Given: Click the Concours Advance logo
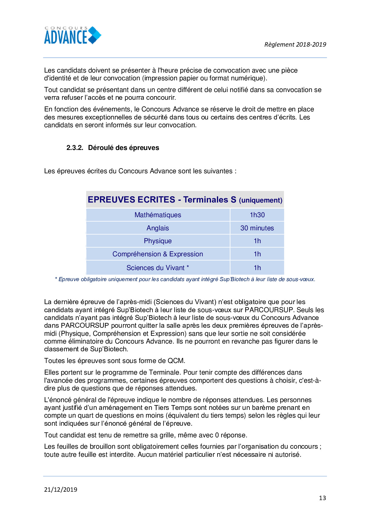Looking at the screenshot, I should pos(73,36).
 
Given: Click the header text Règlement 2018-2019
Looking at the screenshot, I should pos(295,45).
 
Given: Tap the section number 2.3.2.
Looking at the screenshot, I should pos(75,148).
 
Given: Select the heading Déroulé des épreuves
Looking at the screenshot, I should pos(124,148).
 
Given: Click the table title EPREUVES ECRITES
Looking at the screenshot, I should pos(131,200).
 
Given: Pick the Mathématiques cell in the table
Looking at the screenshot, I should pos(158,215).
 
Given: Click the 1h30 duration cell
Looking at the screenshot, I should pos(257,215).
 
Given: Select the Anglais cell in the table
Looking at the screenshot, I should pos(158,228).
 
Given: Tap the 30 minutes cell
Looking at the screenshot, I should pos(257,228).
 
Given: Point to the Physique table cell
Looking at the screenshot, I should pos(158,241).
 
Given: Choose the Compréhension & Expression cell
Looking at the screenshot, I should pos(158,254).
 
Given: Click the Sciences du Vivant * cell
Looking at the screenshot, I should pos(158,268).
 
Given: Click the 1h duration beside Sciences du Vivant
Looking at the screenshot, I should pos(257,268).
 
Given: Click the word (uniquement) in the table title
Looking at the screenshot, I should pos(260,200).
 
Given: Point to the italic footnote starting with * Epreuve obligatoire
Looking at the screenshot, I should pos(185,279).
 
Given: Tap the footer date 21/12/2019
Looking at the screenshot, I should pos(61,490).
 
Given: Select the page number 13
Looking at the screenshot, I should pos(322,498).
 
